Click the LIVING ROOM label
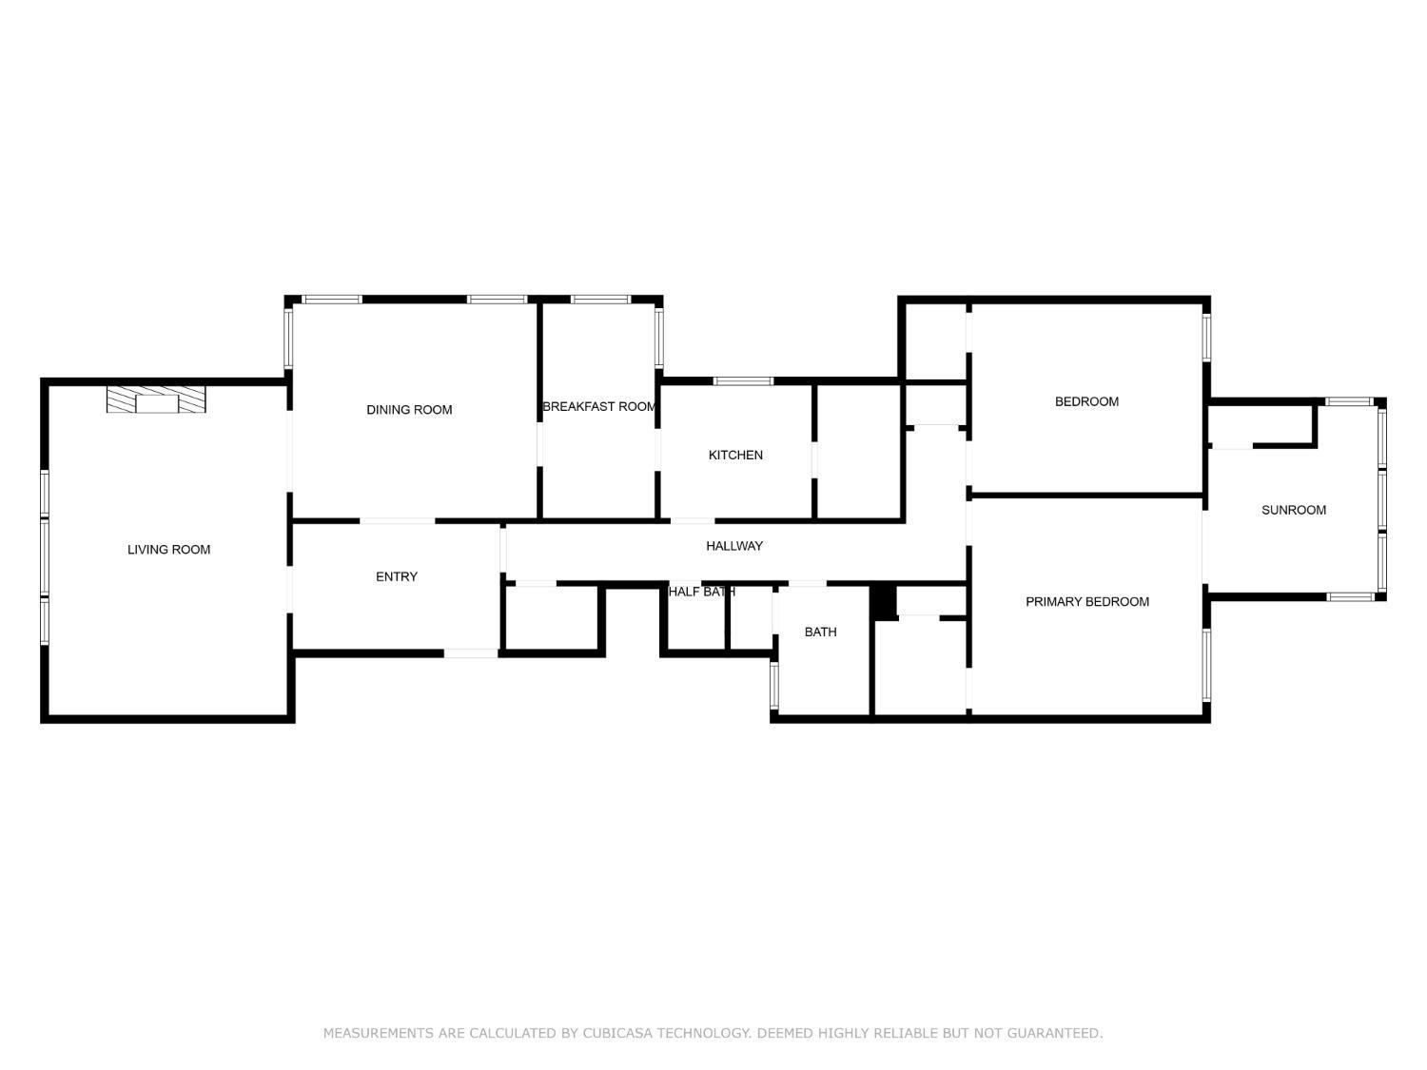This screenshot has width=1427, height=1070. click(x=168, y=550)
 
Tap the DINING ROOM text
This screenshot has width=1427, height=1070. click(x=409, y=410)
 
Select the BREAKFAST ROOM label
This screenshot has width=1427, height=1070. click(x=599, y=407)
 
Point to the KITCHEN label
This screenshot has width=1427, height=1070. click(x=735, y=456)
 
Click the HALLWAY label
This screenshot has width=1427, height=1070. click(x=734, y=546)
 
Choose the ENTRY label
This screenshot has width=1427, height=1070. click(x=397, y=577)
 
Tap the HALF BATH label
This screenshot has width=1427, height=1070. click(x=701, y=592)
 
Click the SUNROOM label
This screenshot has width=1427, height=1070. click(x=1293, y=511)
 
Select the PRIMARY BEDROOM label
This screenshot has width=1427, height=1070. click(x=1087, y=602)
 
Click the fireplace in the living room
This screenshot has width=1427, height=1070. click(x=156, y=399)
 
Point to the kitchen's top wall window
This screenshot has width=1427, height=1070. click(x=743, y=381)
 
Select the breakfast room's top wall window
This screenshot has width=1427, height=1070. click(x=600, y=300)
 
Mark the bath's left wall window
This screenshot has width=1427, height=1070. click(x=773, y=686)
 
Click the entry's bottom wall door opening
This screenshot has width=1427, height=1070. click(x=471, y=653)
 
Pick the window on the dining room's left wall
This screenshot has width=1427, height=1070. click(x=288, y=339)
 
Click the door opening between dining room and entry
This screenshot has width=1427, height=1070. click(x=398, y=521)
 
